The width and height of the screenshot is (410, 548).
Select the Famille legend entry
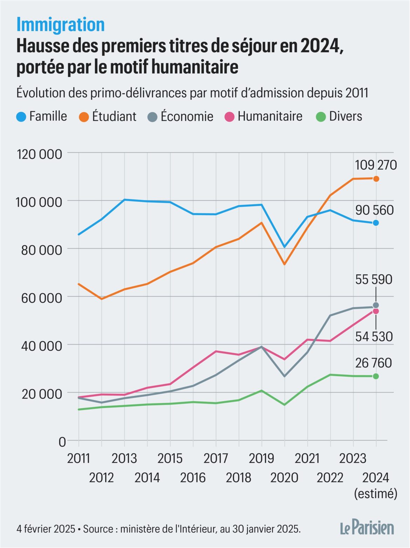[x=42, y=116]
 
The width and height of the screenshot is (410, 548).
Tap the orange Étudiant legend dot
[x=84, y=117]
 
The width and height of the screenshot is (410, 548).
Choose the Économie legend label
[x=186, y=116]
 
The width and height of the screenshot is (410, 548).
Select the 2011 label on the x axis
[x=78, y=458]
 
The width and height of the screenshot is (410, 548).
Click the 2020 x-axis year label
[x=284, y=477]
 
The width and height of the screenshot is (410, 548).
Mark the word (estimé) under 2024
[x=376, y=493]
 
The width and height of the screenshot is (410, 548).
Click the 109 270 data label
[x=376, y=165]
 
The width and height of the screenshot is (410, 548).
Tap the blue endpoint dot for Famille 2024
[x=376, y=223]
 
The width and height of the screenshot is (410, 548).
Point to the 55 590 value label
[x=374, y=280]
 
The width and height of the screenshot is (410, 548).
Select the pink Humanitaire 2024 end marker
[x=376, y=311]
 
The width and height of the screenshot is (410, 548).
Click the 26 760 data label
[x=374, y=363]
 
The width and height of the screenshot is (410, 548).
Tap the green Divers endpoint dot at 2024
[x=376, y=376]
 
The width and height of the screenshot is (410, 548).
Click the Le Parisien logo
[x=367, y=528]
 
